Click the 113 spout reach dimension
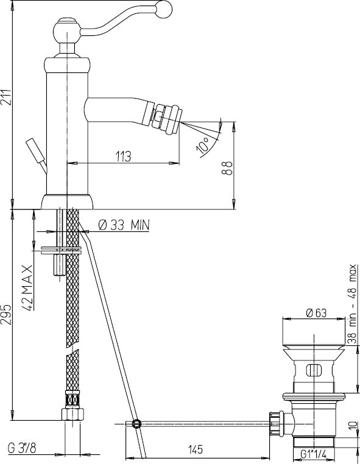123,156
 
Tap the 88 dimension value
227,169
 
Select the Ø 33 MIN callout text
124,225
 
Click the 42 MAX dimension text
28,287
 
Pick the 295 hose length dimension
6,314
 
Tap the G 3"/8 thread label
21,449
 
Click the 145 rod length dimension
196,449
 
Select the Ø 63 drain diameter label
317,313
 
